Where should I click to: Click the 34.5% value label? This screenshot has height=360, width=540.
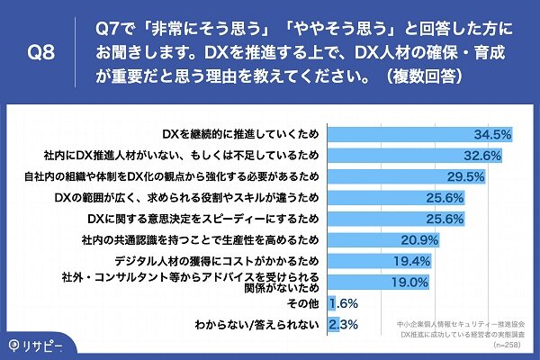(493, 134)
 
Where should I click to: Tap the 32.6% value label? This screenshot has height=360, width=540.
(482, 155)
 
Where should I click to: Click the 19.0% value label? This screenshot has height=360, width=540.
(409, 282)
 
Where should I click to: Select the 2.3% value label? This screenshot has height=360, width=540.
(350, 324)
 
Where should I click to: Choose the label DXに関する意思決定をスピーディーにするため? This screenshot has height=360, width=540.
(205, 219)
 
